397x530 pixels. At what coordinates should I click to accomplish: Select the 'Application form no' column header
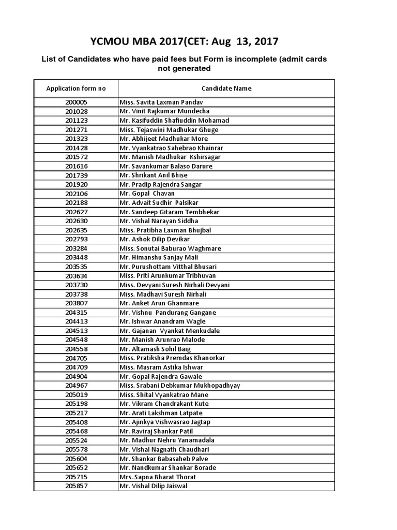click(x=76, y=89)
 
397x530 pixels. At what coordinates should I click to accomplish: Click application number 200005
click(x=77, y=102)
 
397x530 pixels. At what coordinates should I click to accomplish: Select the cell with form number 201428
click(x=77, y=148)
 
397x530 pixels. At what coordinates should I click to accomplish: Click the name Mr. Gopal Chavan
click(x=147, y=194)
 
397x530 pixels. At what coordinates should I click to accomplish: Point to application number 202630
click(x=77, y=221)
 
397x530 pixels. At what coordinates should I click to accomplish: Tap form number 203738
click(x=77, y=294)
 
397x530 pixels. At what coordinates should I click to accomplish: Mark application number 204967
click(x=77, y=386)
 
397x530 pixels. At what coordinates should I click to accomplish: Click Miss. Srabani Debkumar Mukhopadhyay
click(x=179, y=386)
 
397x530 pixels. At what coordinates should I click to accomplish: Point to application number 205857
click(x=77, y=486)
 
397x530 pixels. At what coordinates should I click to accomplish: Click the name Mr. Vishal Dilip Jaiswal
click(x=153, y=486)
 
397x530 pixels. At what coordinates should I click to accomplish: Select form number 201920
click(x=77, y=184)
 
